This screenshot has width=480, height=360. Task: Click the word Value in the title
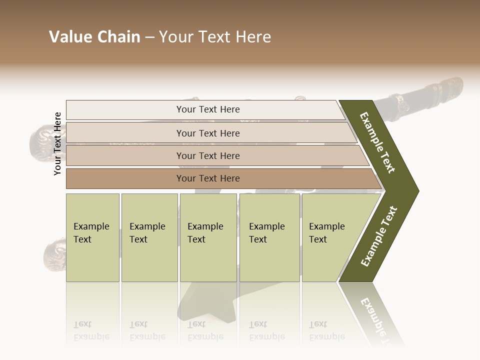pos(69,37)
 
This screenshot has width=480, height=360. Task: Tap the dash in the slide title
pos(149,37)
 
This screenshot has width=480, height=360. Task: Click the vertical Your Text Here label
pos(57,143)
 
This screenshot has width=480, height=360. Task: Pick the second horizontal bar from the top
pos(208,133)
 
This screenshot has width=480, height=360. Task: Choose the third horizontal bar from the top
pos(208,155)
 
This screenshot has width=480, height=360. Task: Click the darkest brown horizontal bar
pos(208,178)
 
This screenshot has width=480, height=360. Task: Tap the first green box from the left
pos(92,237)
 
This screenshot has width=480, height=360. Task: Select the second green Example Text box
pos(149,237)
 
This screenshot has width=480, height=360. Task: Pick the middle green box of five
pos(208,237)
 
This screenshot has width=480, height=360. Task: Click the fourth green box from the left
pos(269,237)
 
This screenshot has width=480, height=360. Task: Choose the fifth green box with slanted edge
pos(330,237)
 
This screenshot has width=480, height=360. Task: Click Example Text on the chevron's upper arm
pos(377,142)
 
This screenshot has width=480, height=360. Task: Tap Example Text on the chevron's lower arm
pos(379,236)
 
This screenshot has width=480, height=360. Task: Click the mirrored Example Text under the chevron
pos(376,317)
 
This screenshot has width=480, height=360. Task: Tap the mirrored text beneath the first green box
pos(91,330)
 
